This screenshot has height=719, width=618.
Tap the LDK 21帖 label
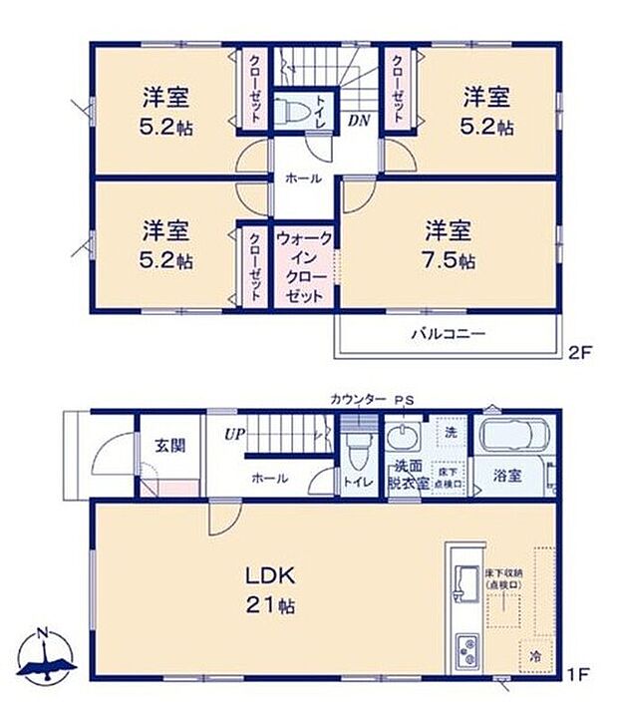point(269,589)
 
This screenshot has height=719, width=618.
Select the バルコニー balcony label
point(448,334)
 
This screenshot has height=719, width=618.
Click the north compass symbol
point(45,656)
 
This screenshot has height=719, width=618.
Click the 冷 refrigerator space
point(536,656)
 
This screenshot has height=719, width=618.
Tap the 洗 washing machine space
point(450,433)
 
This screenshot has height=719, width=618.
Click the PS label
point(404,401)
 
